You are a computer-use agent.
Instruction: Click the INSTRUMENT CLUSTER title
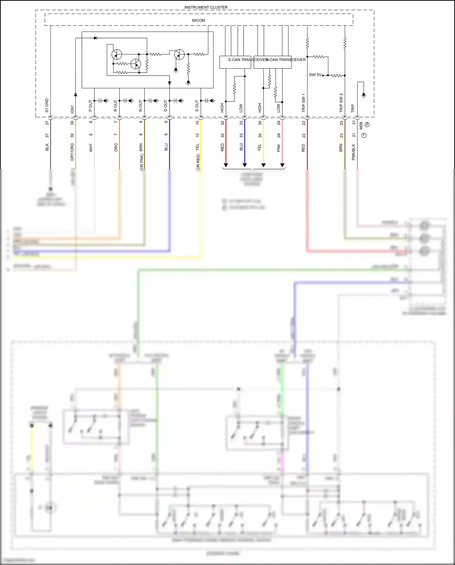(206, 7)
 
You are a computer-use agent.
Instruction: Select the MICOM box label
(198, 20)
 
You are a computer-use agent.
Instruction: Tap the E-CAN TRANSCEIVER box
(235, 62)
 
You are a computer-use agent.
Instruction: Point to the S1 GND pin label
(47, 105)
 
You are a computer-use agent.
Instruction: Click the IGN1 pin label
(72, 109)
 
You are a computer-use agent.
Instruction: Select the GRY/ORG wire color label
(72, 152)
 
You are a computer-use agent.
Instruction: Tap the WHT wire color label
(91, 148)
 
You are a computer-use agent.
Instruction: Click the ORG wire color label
(116, 148)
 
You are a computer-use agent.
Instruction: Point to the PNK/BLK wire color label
(353, 152)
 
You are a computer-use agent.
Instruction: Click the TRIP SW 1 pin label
(303, 103)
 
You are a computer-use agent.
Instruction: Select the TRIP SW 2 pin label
(341, 103)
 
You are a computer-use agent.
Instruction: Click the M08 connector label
(361, 126)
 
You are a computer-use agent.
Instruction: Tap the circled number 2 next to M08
(367, 124)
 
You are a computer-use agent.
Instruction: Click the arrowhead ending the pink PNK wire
(282, 165)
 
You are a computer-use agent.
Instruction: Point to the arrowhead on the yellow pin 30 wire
(264, 165)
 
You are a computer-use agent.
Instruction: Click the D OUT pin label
(166, 106)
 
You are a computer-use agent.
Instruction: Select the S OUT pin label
(197, 106)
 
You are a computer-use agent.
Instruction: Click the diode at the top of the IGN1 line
(95, 38)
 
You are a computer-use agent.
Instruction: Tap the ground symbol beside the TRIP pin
(364, 95)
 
